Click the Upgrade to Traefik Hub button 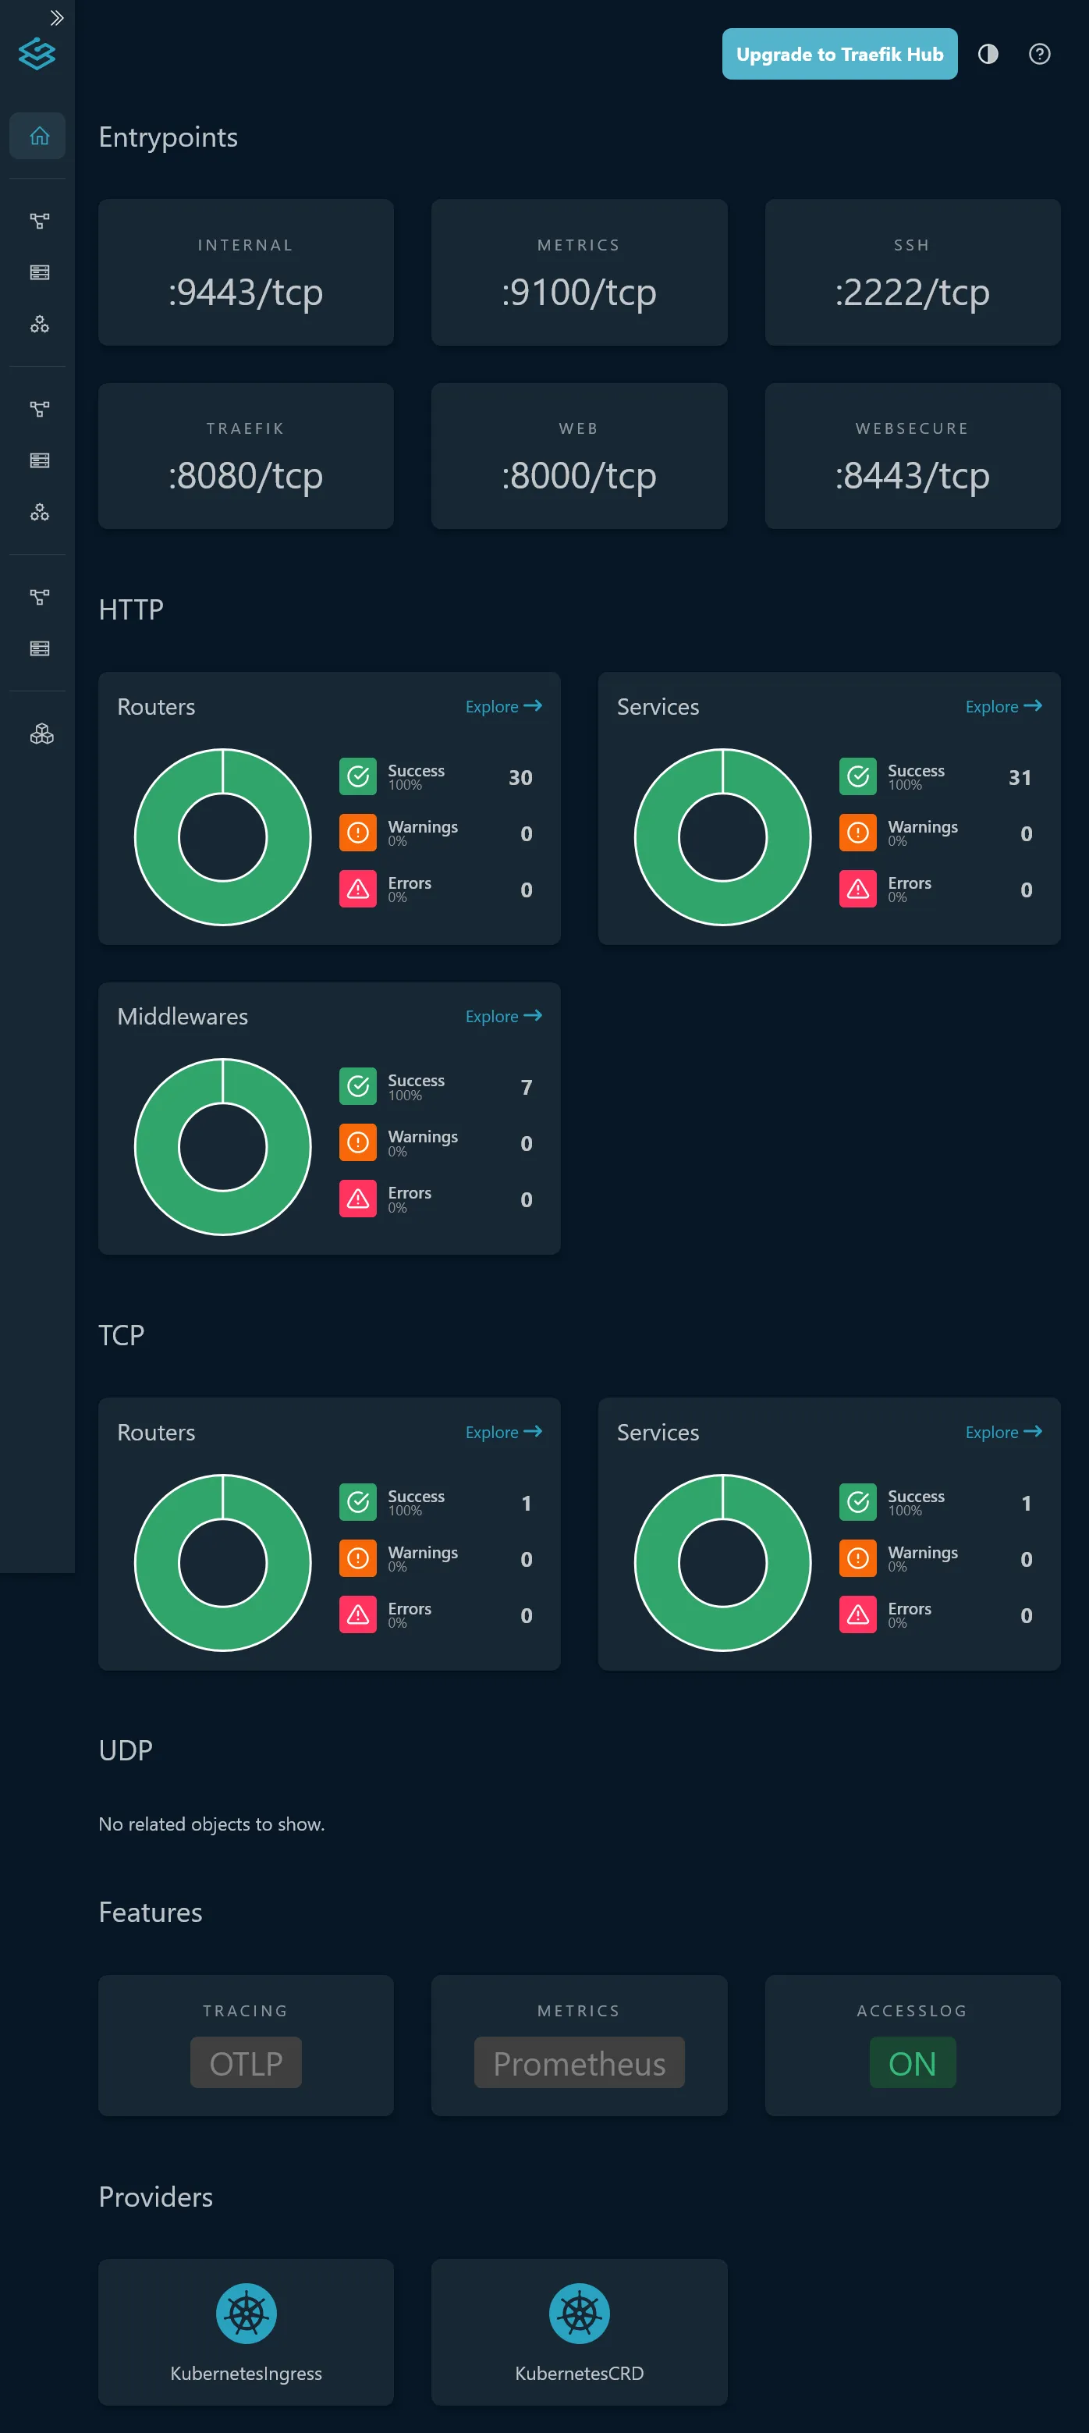(839, 54)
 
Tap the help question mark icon (1039, 54)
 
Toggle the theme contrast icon (988, 54)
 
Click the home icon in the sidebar (39, 136)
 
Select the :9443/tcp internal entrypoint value (246, 292)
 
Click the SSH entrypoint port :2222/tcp (911, 292)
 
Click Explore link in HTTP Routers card (502, 706)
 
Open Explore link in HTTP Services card (1002, 706)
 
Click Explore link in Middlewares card (502, 1016)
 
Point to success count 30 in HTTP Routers (520, 777)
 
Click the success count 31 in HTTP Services (1019, 777)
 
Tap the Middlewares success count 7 (526, 1087)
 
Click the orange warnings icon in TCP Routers (358, 1558)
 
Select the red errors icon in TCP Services (857, 1614)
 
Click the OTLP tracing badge (246, 2063)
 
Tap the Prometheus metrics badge (579, 2063)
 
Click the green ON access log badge (911, 2063)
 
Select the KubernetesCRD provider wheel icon (579, 2313)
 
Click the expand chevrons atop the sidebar (57, 18)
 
